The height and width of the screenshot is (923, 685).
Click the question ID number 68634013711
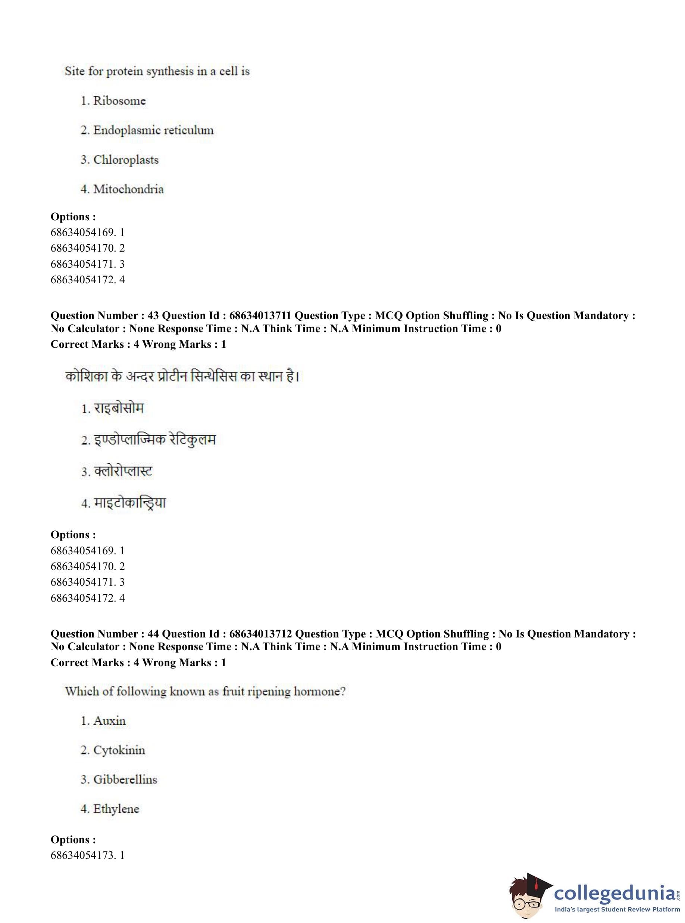pyautogui.click(x=260, y=316)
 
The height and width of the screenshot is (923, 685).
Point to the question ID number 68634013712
pyautogui.click(x=260, y=634)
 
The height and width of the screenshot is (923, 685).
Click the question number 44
pyautogui.click(x=153, y=634)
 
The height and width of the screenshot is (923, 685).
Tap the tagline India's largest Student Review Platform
pyautogui.click(x=617, y=909)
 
